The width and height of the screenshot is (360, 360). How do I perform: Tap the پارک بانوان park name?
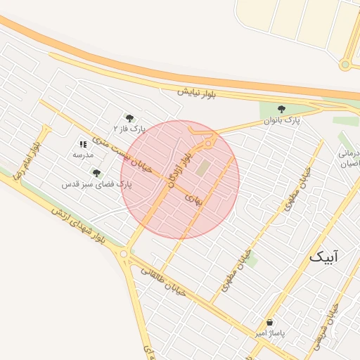pos(281,121)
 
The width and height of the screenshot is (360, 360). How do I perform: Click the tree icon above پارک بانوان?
pos(281,109)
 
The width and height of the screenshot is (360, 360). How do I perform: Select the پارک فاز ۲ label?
pos(129,129)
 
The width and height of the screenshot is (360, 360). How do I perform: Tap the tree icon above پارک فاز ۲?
pos(129,117)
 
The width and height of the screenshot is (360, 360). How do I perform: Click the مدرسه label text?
pos(83,154)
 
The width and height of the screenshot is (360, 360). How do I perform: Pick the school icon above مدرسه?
pos(83,143)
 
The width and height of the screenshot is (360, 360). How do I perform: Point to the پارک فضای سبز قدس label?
pos(96,184)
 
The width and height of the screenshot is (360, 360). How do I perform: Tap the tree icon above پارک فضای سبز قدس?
pos(96,173)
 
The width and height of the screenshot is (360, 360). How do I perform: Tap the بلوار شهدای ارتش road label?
pos(77,226)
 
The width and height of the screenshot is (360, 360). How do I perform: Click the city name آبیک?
pos(323,257)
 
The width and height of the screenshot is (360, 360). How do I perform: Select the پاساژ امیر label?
pos(271,334)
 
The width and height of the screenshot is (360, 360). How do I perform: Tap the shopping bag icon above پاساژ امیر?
pos(271,322)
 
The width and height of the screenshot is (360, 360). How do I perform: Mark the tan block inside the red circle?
pos(202,169)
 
